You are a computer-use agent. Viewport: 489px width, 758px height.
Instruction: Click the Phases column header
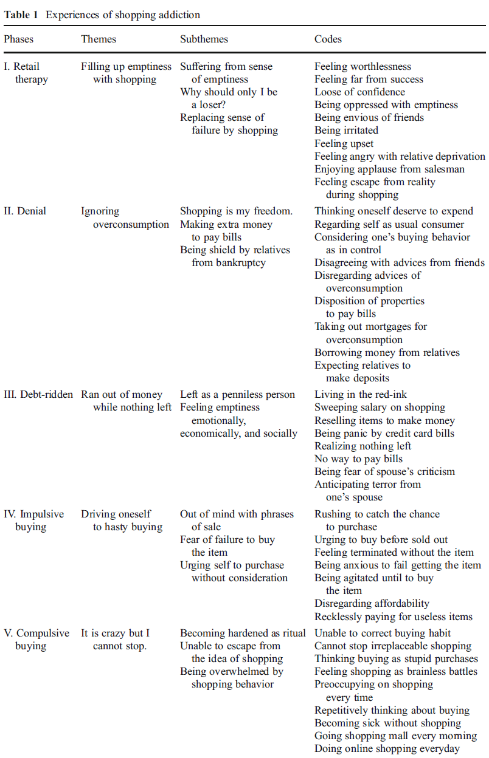tap(19, 39)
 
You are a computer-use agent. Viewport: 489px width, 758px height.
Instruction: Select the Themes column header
tap(98, 39)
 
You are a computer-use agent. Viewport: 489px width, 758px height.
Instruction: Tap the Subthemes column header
tap(204, 39)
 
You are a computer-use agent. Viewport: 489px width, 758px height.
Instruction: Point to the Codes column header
tap(328, 39)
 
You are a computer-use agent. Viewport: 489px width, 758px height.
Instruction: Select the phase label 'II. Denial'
tap(25, 211)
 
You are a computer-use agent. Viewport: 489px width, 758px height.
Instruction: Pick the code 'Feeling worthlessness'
tap(362, 67)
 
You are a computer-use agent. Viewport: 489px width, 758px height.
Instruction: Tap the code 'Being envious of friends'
tap(369, 118)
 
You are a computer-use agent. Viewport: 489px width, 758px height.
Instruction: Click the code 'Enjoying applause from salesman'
tap(389, 169)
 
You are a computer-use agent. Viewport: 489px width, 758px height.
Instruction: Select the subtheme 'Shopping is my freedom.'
tap(236, 211)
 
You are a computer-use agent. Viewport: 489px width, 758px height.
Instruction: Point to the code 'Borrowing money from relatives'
tap(387, 353)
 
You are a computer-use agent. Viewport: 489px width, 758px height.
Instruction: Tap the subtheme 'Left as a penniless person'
tap(237, 395)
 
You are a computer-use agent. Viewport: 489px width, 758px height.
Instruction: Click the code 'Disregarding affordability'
tap(372, 604)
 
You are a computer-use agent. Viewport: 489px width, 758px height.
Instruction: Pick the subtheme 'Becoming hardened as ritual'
tap(243, 633)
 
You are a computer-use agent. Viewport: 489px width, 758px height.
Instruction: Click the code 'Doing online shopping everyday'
tap(387, 749)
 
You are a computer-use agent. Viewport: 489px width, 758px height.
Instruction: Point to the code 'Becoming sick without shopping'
tap(387, 723)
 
